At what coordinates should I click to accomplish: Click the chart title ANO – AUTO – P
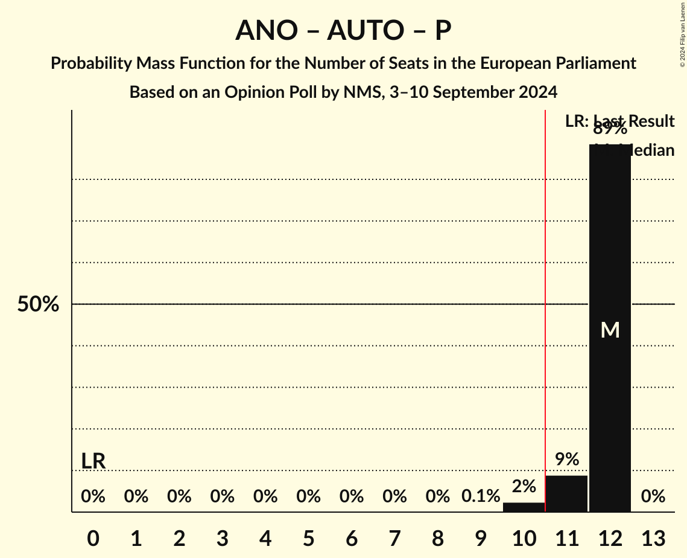(x=343, y=30)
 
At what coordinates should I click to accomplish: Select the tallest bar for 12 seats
(x=610, y=242)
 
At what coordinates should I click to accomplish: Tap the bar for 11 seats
(x=566, y=493)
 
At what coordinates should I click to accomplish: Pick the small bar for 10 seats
(x=524, y=507)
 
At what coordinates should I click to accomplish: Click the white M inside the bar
(x=610, y=330)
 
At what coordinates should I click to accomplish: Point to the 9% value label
(x=566, y=460)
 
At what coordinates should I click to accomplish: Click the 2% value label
(x=524, y=486)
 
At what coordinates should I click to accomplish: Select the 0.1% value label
(x=481, y=496)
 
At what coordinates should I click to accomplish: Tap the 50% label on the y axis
(x=38, y=304)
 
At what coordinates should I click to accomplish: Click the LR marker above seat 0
(x=93, y=461)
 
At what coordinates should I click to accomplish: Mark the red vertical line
(x=545, y=302)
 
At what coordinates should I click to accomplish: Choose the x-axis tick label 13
(x=653, y=537)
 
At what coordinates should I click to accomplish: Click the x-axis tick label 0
(x=93, y=537)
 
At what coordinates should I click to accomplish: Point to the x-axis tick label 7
(x=394, y=537)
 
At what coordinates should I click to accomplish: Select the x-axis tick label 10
(x=524, y=537)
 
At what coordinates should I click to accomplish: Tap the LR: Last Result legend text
(x=619, y=121)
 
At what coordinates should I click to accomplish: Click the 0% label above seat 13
(x=653, y=496)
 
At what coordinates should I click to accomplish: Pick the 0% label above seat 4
(x=265, y=496)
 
